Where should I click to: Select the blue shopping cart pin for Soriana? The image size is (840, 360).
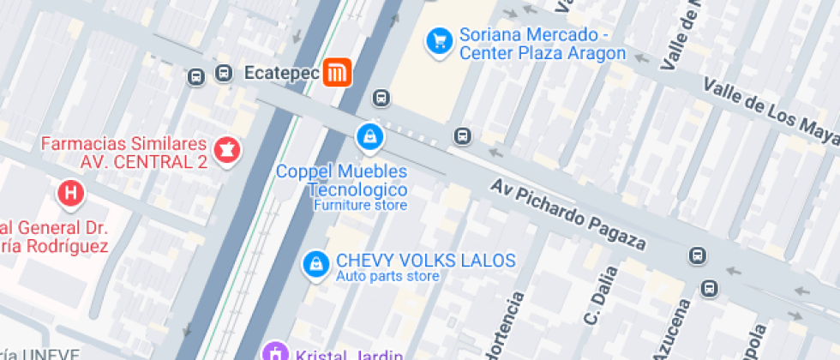coord(440,40)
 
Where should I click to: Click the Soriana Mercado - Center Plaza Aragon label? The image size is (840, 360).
coord(542,45)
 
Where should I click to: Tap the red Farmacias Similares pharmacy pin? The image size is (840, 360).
coord(228,150)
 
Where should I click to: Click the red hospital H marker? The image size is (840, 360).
coord(69,193)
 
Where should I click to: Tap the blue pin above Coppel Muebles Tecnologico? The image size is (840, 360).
coord(370,136)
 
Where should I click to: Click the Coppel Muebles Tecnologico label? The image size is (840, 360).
coord(341,181)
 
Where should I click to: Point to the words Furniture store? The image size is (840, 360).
coord(359,206)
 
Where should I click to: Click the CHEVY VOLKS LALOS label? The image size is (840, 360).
coord(425,260)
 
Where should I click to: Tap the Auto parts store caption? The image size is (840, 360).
coord(387,276)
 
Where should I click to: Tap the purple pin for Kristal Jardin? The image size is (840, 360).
coord(275,351)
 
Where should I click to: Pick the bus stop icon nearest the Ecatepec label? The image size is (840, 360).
coord(224,74)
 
